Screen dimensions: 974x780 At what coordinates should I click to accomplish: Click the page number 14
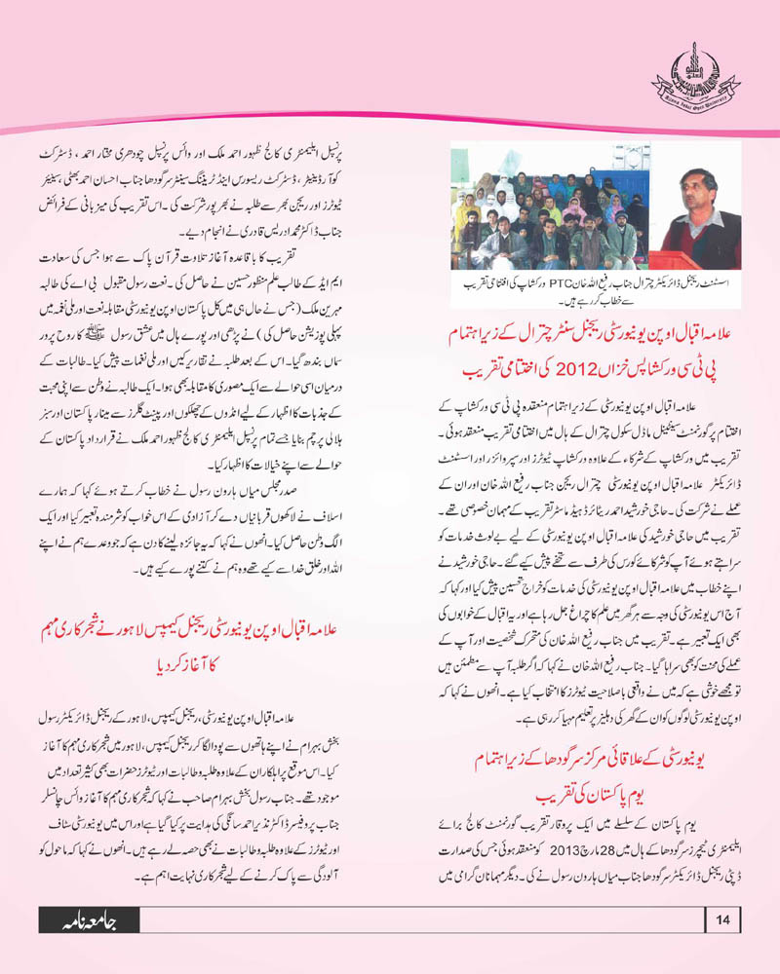click(x=722, y=946)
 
